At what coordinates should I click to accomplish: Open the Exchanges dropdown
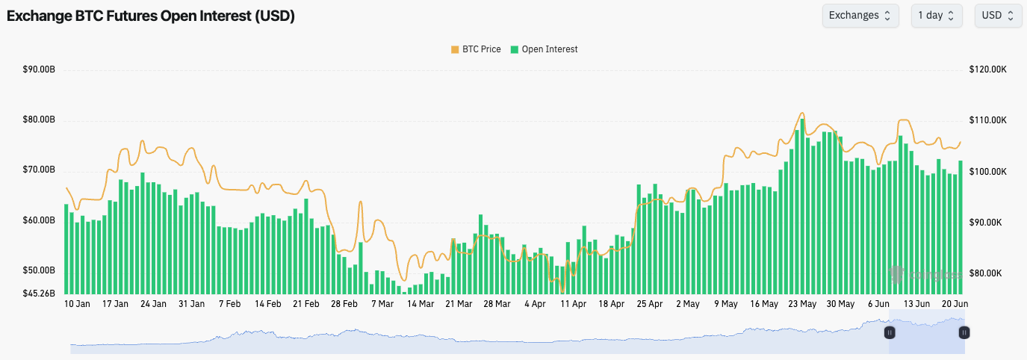tap(859, 16)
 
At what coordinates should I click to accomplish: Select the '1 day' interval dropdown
tap(937, 16)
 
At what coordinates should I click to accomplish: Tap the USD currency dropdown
tap(998, 16)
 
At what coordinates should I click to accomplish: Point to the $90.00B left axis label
tap(40, 69)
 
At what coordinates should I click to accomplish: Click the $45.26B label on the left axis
tap(40, 294)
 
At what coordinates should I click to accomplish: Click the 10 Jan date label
tap(77, 304)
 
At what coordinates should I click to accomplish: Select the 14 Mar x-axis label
tap(421, 304)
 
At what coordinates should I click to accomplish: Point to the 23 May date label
tap(802, 304)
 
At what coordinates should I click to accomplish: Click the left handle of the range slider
tap(889, 332)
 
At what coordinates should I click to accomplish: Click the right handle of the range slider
tap(964, 332)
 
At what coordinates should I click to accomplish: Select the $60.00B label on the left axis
tap(40, 221)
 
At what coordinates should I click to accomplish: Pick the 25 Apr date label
tap(650, 304)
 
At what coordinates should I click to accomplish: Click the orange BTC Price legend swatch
tap(455, 49)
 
